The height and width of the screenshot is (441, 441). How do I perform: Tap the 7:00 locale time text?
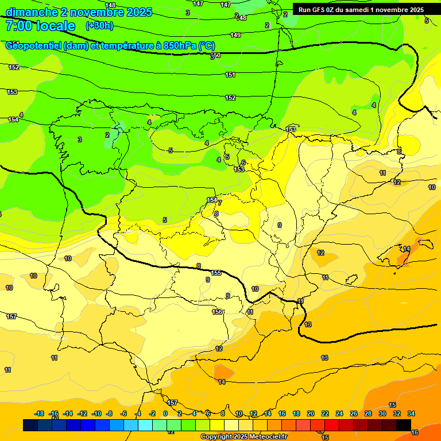click(x=40, y=26)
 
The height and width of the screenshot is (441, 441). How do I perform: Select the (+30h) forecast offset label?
click(x=99, y=26)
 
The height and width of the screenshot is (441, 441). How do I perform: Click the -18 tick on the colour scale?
click(x=40, y=413)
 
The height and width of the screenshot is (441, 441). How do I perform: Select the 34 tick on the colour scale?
click(x=411, y=413)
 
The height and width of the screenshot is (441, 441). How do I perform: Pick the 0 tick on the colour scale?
click(x=165, y=413)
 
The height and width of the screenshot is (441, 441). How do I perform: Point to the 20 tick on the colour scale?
click(x=311, y=413)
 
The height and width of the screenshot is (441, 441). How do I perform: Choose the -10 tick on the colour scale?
click(x=96, y=413)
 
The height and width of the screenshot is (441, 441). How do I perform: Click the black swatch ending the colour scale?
click(x=404, y=425)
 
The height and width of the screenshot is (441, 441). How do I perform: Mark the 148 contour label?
click(x=111, y=5)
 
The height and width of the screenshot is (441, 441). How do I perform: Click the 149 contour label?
click(x=235, y=35)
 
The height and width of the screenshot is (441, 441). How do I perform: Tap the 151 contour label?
click(x=230, y=75)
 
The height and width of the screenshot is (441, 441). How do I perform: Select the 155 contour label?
click(x=216, y=273)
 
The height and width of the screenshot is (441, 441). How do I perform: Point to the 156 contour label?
click(x=217, y=312)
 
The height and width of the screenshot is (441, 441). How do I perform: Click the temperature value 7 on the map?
click(x=219, y=203)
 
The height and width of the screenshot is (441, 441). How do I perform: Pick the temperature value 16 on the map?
click(x=415, y=432)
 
